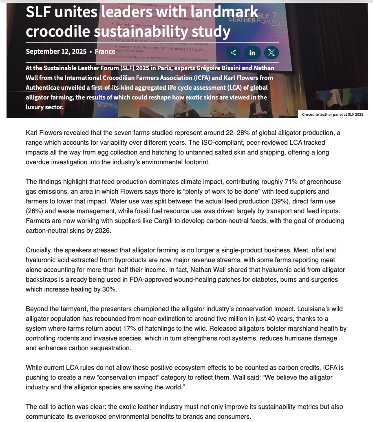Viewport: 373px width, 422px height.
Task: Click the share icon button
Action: tap(233, 53)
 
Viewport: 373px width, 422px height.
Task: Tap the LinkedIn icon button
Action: tap(252, 53)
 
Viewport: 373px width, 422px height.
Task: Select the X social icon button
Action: tap(271, 53)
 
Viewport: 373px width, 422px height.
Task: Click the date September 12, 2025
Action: tap(56, 51)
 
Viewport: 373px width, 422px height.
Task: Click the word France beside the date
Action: tap(105, 51)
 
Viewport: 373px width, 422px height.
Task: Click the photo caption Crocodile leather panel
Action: tap(332, 115)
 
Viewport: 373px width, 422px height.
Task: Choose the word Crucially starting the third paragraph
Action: tap(40, 250)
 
